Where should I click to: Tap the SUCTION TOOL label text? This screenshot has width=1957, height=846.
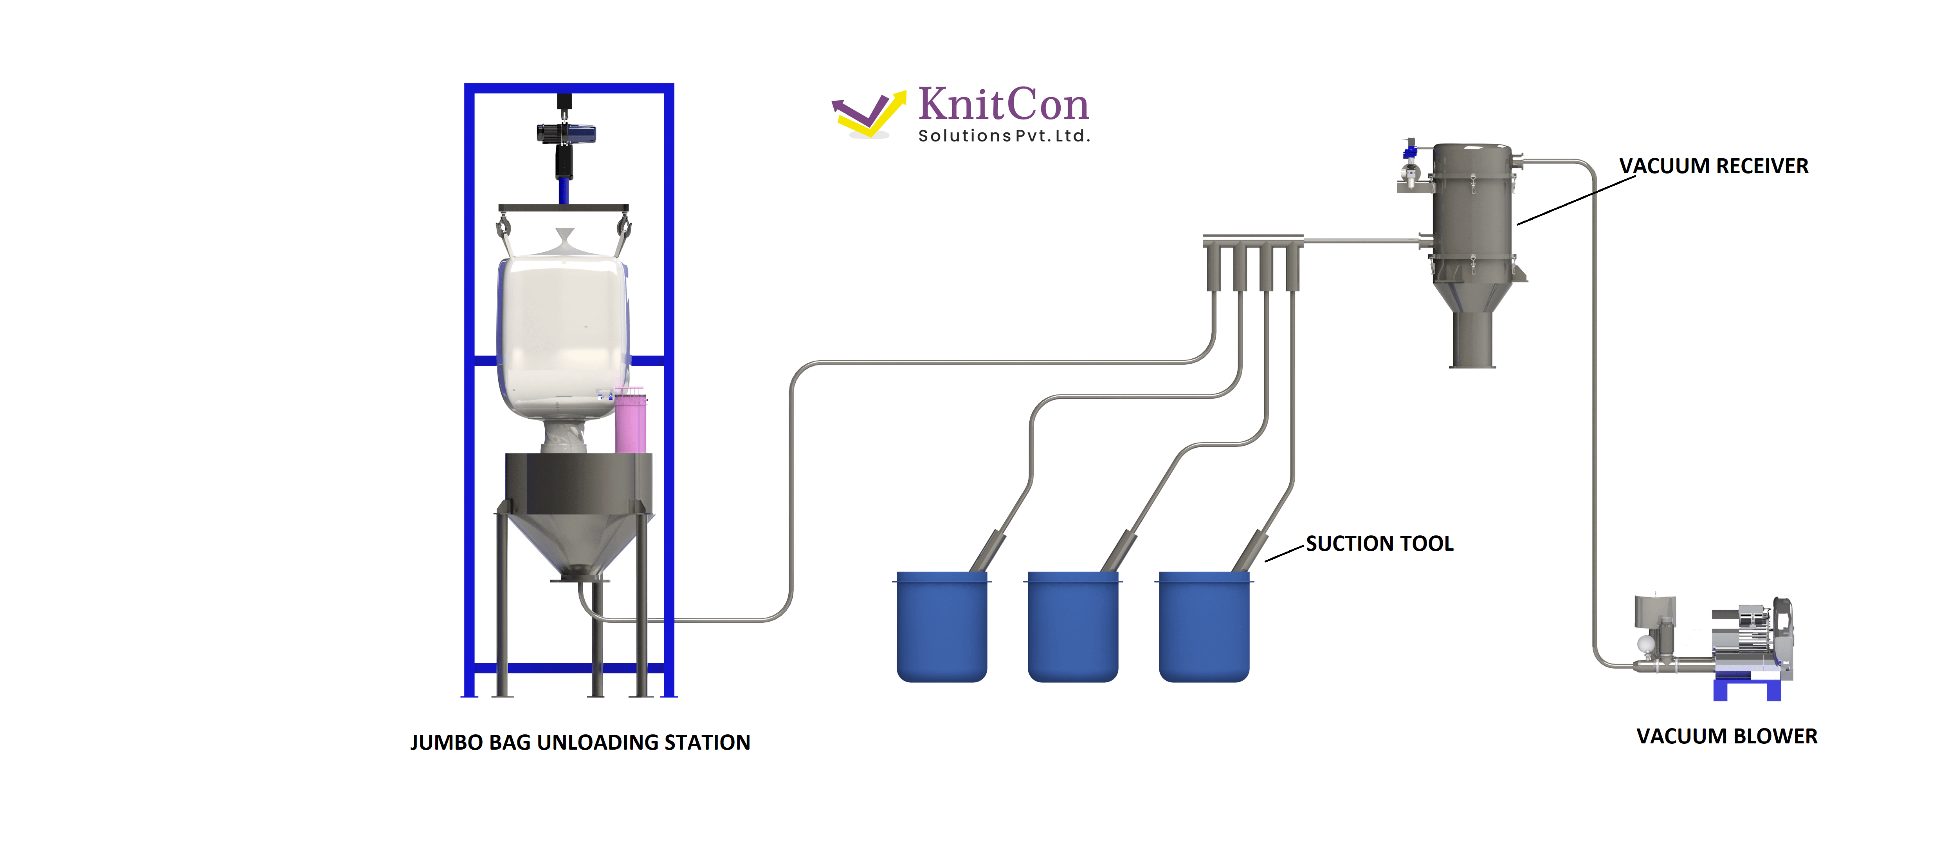pyautogui.click(x=1380, y=544)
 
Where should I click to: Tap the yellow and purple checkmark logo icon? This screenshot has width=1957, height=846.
pyautogui.click(x=869, y=114)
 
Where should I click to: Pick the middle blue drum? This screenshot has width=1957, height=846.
pyautogui.click(x=1073, y=627)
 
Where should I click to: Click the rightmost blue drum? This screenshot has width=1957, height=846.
pyautogui.click(x=1204, y=627)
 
